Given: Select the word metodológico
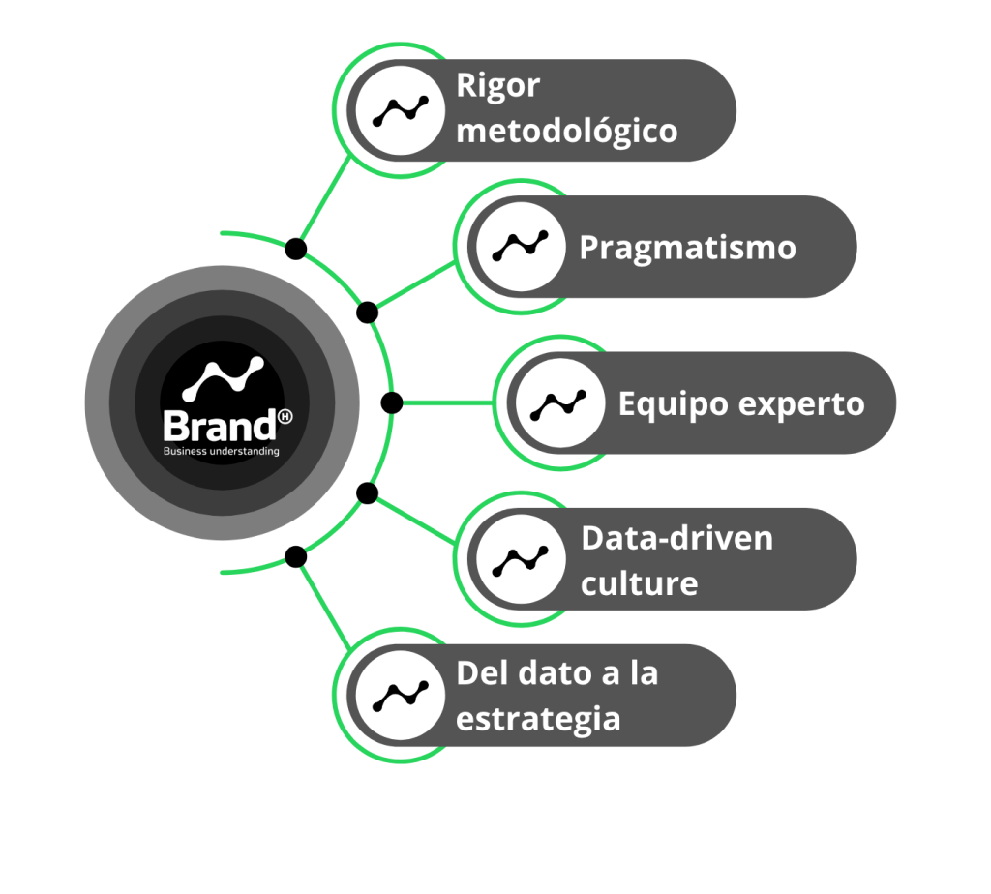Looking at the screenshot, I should tap(566, 131).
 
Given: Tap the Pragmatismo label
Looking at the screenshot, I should tap(687, 248).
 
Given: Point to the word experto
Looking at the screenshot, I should tap(801, 403).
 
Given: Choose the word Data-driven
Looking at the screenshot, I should tap(676, 538).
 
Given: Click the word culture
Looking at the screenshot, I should tap(639, 584).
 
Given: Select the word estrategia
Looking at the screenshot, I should tap(538, 720).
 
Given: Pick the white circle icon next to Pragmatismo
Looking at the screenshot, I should tap(521, 248).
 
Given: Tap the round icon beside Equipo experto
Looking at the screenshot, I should tap(559, 403).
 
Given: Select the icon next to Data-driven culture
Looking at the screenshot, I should tap(521, 559).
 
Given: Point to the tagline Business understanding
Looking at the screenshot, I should tap(221, 451).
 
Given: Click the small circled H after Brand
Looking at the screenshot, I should tap(285, 416).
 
